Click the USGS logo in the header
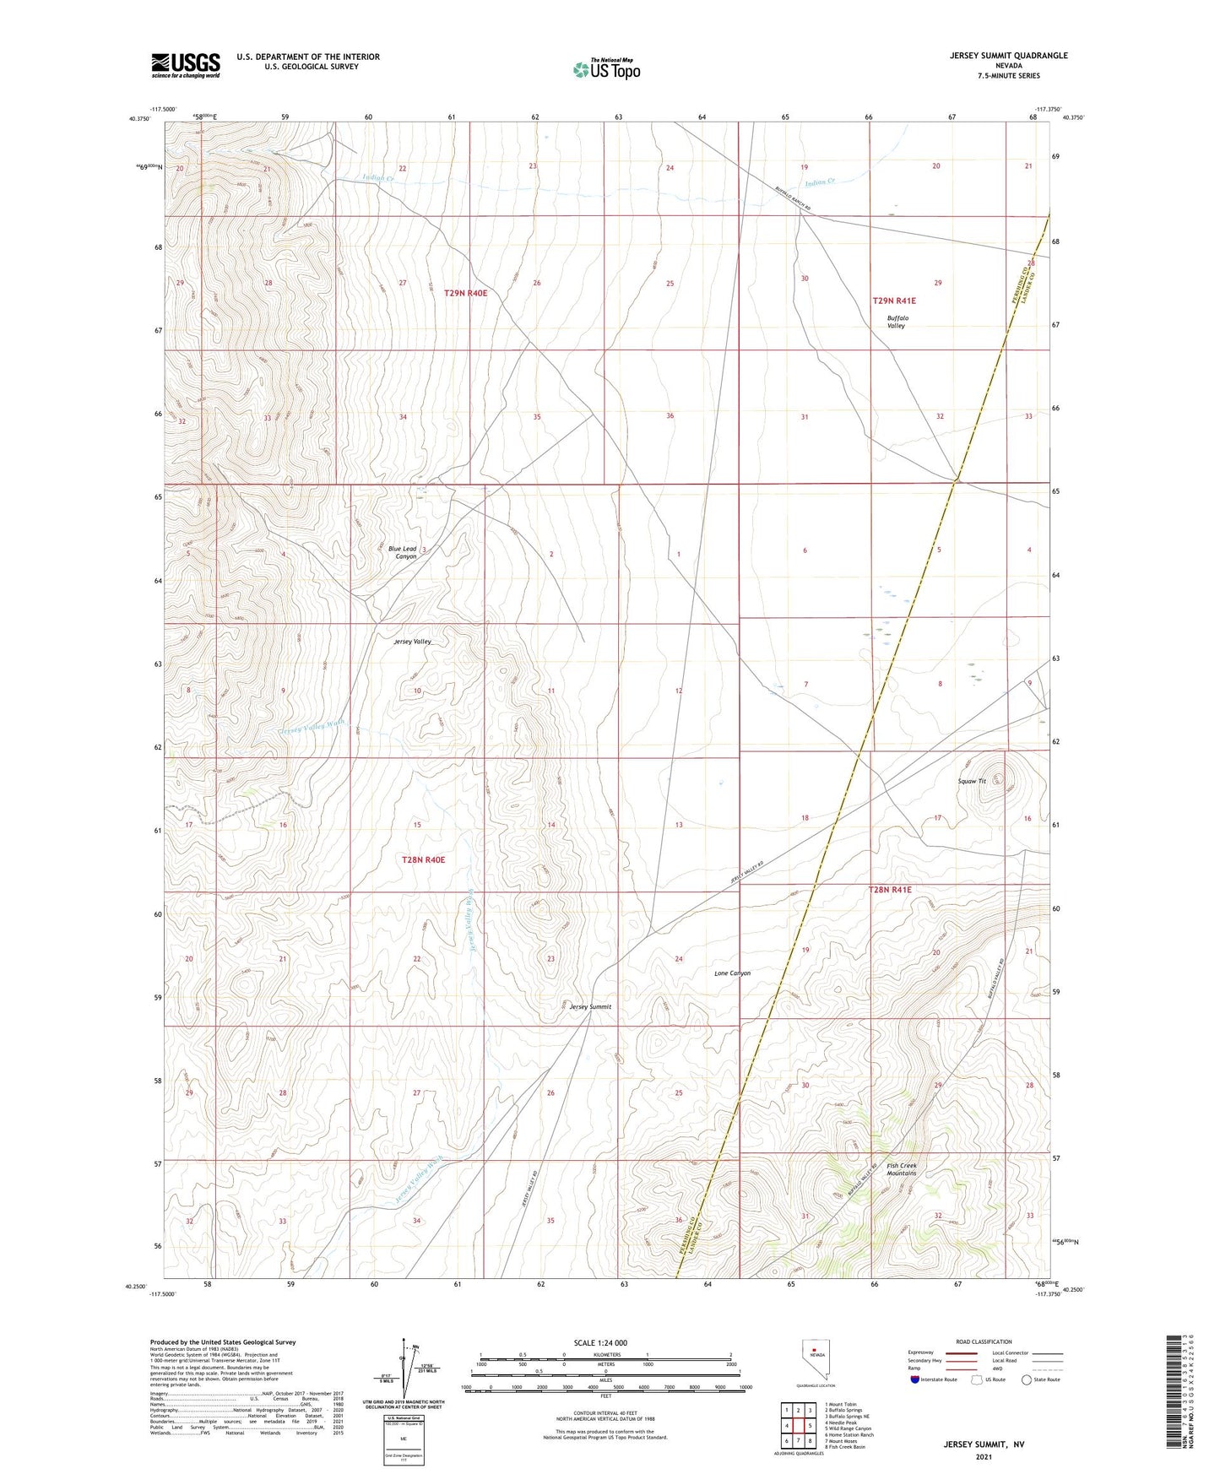185,65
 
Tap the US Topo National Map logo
606,69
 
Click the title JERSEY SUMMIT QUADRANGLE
996,56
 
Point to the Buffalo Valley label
896,322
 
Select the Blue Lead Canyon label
403,553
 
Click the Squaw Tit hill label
973,781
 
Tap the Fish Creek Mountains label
901,1169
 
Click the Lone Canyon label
732,973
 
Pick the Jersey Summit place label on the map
590,1006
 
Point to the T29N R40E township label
465,293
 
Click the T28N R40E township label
423,859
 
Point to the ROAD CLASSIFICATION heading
984,1341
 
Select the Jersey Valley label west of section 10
412,642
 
